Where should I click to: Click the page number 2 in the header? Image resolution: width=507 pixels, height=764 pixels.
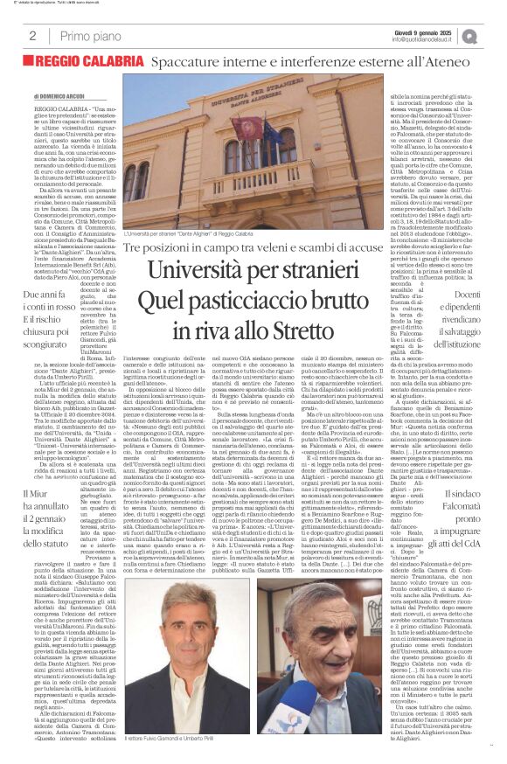(x=32, y=36)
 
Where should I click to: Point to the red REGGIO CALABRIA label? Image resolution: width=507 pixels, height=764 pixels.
(x=87, y=64)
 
